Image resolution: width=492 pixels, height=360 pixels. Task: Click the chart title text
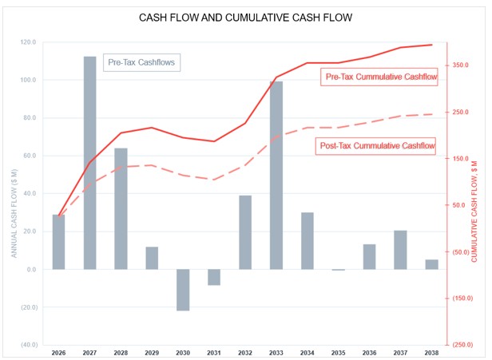tap(245, 17)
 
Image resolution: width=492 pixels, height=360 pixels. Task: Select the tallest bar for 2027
tap(89, 163)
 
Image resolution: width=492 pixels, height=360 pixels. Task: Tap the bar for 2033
tap(276, 176)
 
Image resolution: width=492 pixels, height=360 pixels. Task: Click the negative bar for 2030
tap(183, 290)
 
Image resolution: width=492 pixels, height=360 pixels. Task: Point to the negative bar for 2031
tap(214, 277)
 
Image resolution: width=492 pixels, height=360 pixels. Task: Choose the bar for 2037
tap(400, 250)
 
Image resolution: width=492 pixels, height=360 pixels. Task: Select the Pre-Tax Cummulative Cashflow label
tap(380, 77)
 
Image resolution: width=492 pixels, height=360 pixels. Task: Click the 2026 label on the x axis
tap(58, 352)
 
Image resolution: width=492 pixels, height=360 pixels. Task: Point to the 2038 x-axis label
tap(431, 352)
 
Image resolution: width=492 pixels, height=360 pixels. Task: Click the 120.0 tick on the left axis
tap(28, 42)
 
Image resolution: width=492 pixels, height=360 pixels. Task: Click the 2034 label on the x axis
tap(307, 352)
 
